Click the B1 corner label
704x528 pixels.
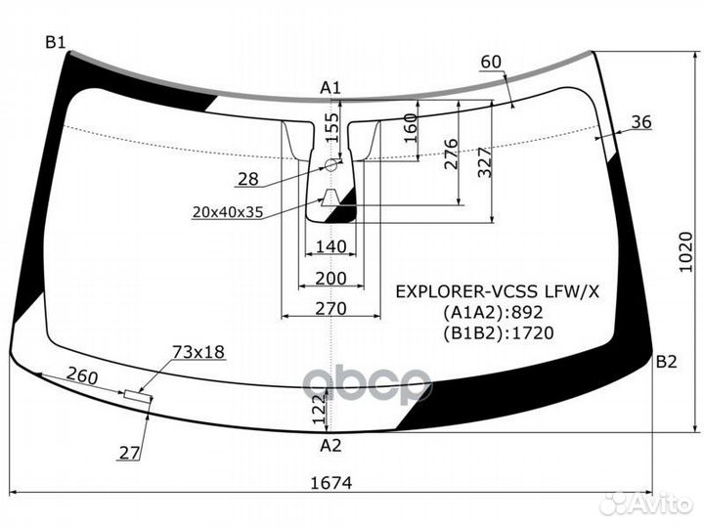pyautogui.click(x=55, y=43)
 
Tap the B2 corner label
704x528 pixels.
pyautogui.click(x=666, y=362)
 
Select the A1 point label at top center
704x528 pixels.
pyautogui.click(x=330, y=88)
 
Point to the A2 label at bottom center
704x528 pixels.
pyautogui.click(x=330, y=446)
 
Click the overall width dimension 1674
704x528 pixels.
pyautogui.click(x=331, y=483)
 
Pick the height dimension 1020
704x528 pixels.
pyautogui.click(x=685, y=252)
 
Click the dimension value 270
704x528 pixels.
pyautogui.click(x=330, y=308)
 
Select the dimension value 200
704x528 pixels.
pyautogui.click(x=330, y=279)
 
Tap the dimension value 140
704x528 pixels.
pyautogui.click(x=330, y=246)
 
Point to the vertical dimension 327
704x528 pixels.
pyautogui.click(x=485, y=162)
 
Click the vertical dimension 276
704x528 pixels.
pyautogui.click(x=451, y=154)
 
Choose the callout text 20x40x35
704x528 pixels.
pyautogui.click(x=228, y=212)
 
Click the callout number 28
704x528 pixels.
pyautogui.click(x=248, y=179)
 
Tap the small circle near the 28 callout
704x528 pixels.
pyautogui.click(x=331, y=165)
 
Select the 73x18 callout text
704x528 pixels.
pyautogui.click(x=198, y=352)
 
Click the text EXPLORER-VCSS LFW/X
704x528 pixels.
pyautogui.click(x=498, y=291)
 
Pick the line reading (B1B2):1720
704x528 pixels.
pyautogui.click(x=499, y=333)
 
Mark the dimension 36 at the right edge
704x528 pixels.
pyautogui.click(x=641, y=121)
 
